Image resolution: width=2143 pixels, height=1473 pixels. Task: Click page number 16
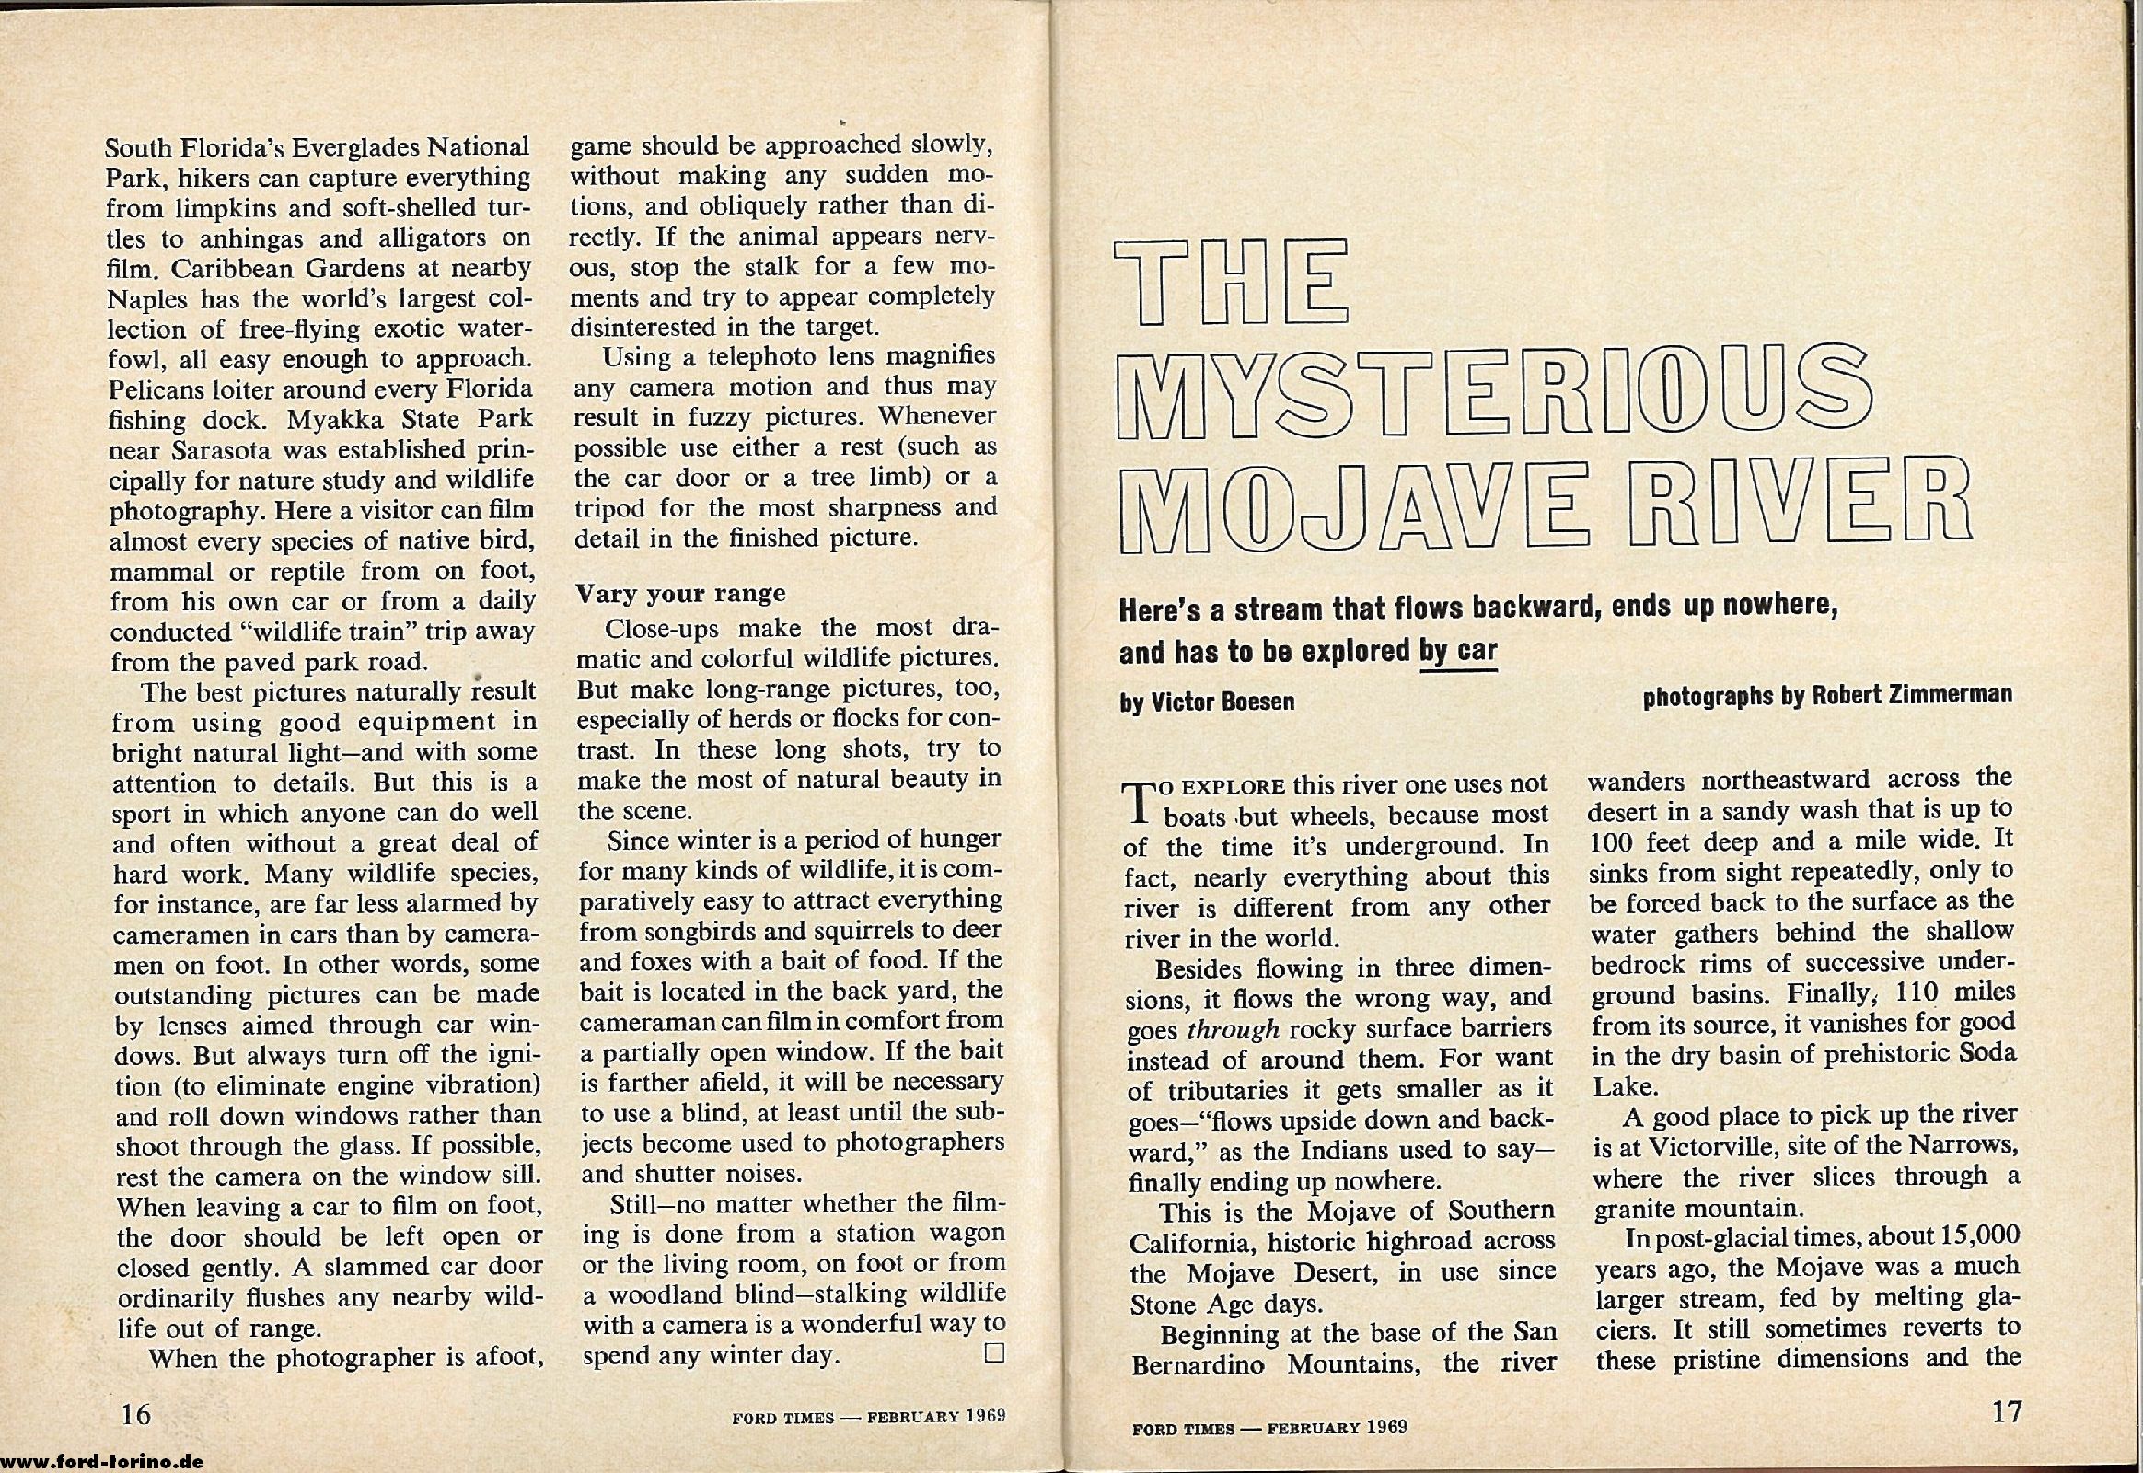coord(133,1413)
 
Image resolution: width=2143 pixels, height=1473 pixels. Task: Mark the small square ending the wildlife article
coord(994,1354)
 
